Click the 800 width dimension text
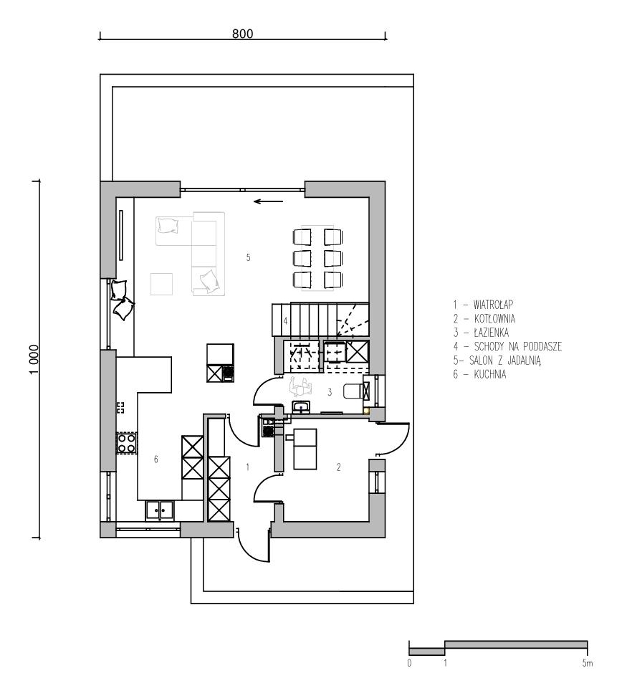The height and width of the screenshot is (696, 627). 242,33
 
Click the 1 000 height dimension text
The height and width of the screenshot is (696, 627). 34,360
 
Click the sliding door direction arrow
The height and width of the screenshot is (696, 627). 268,201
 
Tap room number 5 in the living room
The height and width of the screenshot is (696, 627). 248,257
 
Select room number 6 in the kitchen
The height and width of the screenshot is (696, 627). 155,459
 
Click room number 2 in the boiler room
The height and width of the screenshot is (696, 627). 338,467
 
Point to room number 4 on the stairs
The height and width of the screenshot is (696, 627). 286,320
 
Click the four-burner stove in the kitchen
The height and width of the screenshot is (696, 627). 126,444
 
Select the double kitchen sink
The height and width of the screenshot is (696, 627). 160,510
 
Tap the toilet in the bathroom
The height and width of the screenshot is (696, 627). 354,391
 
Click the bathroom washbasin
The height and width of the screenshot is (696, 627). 302,406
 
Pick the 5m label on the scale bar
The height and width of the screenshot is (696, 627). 587,664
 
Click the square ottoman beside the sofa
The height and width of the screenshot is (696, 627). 161,284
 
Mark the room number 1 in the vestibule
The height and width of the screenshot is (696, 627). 248,467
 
